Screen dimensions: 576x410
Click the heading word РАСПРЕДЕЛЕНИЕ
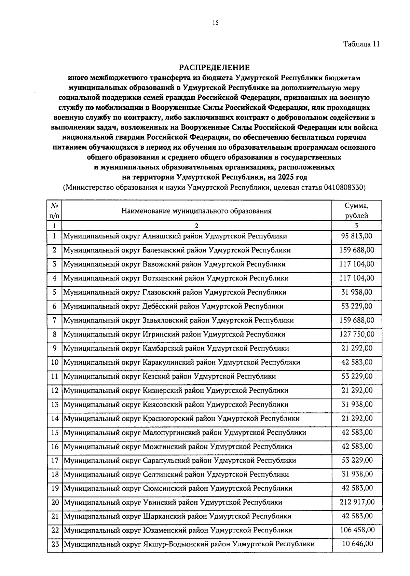coord(215,67)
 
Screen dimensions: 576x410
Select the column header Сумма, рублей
coord(356,210)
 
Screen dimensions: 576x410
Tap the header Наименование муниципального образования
coord(196,211)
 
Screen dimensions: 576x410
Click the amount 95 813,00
coord(357,236)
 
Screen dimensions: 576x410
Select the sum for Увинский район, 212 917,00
coord(357,502)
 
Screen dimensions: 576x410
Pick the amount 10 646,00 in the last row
coord(357,544)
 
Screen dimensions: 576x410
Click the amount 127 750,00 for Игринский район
coord(357,334)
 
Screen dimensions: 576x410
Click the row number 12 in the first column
coord(55,390)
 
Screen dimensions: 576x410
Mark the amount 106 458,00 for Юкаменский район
coord(357,530)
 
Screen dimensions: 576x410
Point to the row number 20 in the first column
coord(55,503)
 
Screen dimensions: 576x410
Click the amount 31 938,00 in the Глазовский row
coord(357,292)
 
